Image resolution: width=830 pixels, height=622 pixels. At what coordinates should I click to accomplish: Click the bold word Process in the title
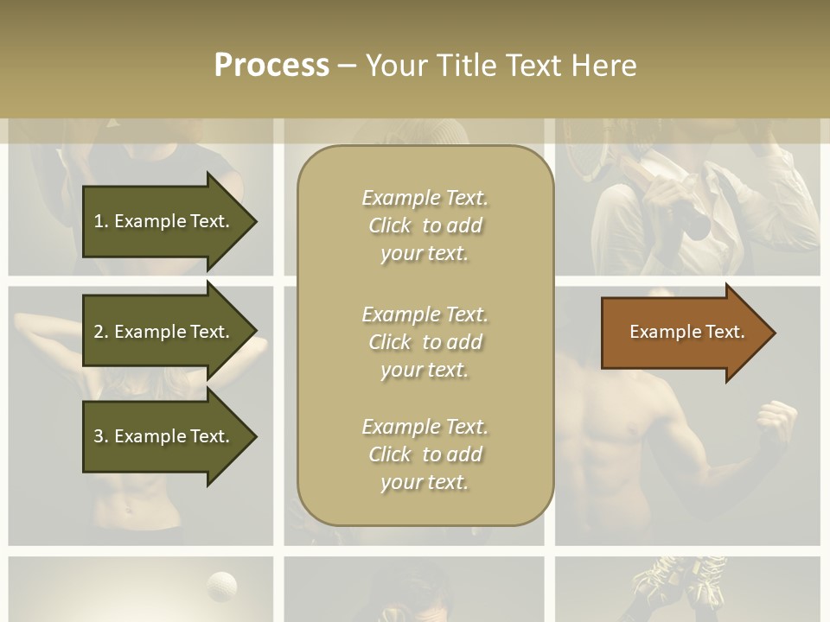[271, 65]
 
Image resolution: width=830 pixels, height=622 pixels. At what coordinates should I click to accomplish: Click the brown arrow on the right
[683, 333]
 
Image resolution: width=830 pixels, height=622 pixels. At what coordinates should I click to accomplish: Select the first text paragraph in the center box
[425, 225]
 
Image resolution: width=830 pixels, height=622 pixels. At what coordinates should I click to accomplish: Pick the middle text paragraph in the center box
[425, 342]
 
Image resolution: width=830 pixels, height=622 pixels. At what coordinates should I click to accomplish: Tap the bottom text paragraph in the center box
[425, 454]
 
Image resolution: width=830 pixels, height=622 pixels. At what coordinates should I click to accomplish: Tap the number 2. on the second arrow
[101, 332]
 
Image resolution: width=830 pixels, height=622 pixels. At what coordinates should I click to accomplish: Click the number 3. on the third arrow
[101, 436]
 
